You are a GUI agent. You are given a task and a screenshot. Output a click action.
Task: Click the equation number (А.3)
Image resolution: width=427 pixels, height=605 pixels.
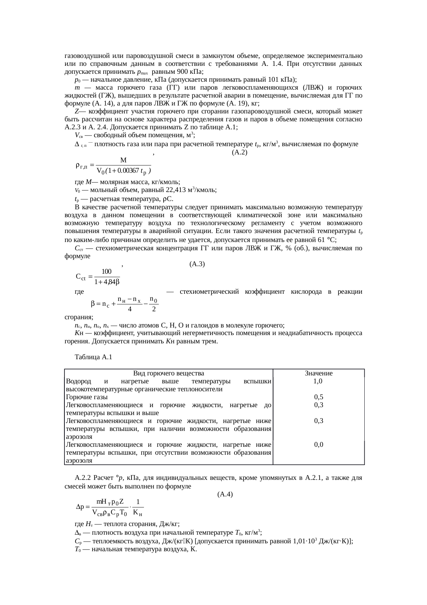[197, 264]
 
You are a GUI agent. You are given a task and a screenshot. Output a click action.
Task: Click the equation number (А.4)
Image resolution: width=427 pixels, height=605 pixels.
[225, 494]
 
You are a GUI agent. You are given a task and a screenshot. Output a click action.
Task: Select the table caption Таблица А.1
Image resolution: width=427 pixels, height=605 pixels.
[93, 357]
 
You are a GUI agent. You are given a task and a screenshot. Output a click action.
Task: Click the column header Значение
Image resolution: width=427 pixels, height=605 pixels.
[319, 373]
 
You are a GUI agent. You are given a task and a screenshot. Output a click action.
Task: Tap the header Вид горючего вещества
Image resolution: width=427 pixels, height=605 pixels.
[168, 373]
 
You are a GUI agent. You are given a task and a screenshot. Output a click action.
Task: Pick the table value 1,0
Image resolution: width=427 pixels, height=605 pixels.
[318, 381]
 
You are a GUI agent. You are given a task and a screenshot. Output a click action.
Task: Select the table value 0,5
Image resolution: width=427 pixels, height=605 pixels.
[319, 397]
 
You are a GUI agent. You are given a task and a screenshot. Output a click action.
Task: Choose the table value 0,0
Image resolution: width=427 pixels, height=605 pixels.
[319, 445]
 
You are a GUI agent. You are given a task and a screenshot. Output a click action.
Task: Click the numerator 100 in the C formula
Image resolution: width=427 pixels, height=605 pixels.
[106, 272]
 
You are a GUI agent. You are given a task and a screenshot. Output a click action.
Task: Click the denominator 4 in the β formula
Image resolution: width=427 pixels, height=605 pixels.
[129, 309]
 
